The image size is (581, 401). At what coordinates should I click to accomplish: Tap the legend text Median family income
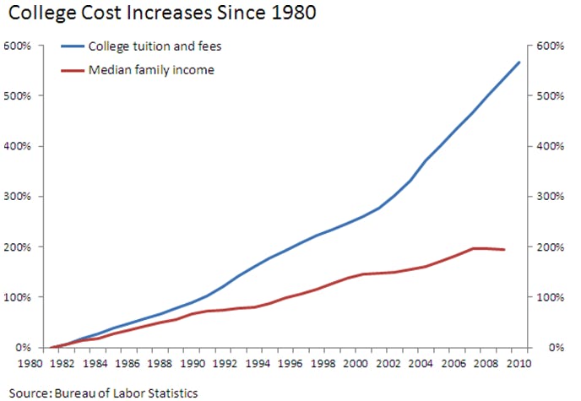151,70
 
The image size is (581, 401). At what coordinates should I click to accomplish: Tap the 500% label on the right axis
550,95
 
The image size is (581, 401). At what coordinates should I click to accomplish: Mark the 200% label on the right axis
550,247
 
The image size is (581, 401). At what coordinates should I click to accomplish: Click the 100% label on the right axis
550,297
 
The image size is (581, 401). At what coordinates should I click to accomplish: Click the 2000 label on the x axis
355,365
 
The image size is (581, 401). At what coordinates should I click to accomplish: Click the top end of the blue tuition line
519,62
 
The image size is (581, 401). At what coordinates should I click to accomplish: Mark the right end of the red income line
504,250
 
